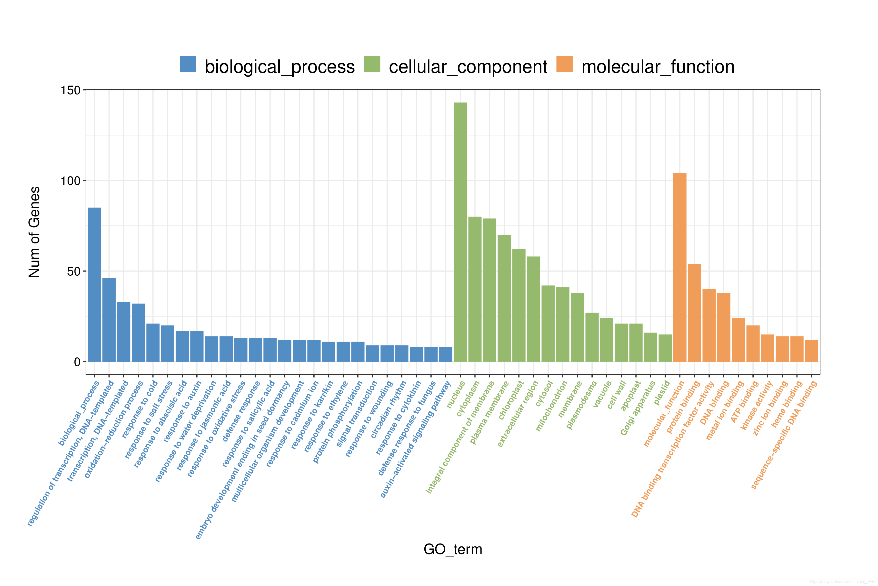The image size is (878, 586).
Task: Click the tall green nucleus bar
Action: point(460,232)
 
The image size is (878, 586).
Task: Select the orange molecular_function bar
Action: point(679,267)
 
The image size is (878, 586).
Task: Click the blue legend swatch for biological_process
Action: point(188,64)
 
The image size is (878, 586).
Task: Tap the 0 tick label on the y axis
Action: point(77,362)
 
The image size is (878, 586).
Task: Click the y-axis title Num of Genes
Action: point(34,232)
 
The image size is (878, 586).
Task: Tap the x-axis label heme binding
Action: point(787,404)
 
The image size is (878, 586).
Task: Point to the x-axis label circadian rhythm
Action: point(388,409)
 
